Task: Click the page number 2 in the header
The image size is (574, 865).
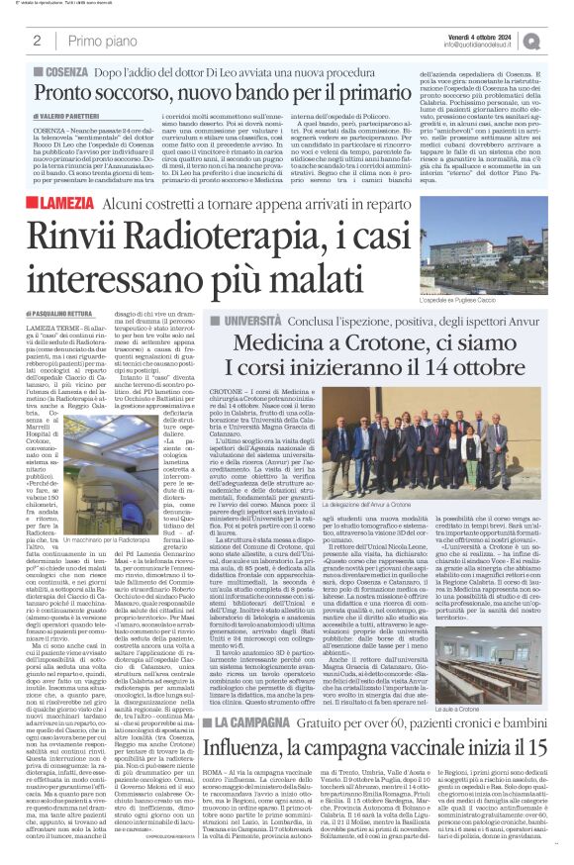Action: (37, 40)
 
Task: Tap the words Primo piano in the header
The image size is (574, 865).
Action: (100, 40)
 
